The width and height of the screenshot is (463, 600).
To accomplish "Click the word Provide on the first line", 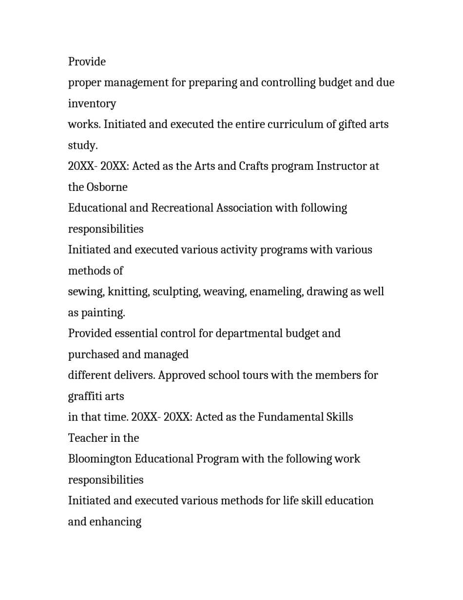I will [x=87, y=62].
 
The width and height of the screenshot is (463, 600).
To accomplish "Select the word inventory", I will [x=92, y=103].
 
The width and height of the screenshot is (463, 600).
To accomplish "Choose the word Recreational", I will [x=182, y=208].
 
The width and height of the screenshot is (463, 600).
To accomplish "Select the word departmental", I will [x=249, y=333].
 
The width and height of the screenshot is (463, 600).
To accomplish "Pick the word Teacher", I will [x=86, y=438].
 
